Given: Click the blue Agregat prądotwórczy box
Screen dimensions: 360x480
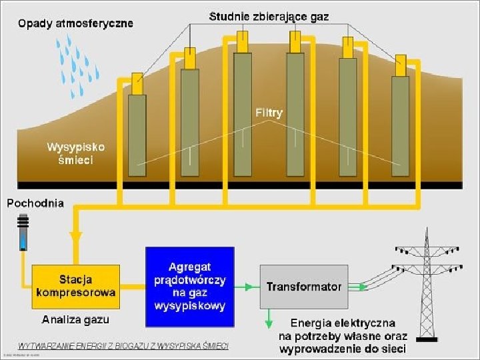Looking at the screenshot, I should [190, 287].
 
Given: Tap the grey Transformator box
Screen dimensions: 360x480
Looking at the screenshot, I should [304, 287].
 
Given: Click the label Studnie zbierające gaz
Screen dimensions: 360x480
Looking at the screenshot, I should [269, 15].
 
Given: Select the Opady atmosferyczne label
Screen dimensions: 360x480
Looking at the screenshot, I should [75, 23].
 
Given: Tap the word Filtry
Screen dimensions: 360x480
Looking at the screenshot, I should [269, 113].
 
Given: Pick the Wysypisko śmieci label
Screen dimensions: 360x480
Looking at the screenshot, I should [75, 153].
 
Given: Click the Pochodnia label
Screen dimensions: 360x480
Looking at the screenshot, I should [35, 203].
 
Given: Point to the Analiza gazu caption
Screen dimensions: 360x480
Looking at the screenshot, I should [75, 320].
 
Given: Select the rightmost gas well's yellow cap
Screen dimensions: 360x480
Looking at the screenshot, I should [400, 65].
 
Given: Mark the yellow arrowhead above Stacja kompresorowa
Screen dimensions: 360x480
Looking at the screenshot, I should [75, 237].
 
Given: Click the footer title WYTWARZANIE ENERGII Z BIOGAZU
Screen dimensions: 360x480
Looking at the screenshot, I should [123, 345].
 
